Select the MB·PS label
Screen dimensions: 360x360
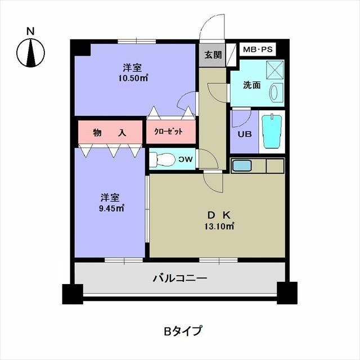pyautogui.click(x=257, y=49)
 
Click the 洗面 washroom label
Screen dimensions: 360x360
pyautogui.click(x=251, y=85)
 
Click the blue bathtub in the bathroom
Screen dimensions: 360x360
pyautogui.click(x=272, y=131)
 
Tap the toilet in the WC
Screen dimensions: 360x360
pyautogui.click(x=163, y=160)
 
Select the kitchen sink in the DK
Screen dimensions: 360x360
pyautogui.click(x=242, y=166)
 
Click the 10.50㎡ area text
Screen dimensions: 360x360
pyautogui.click(x=133, y=78)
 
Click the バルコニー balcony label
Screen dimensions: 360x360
pyautogui.click(x=180, y=278)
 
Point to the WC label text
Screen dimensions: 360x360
pyautogui.click(x=186, y=160)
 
